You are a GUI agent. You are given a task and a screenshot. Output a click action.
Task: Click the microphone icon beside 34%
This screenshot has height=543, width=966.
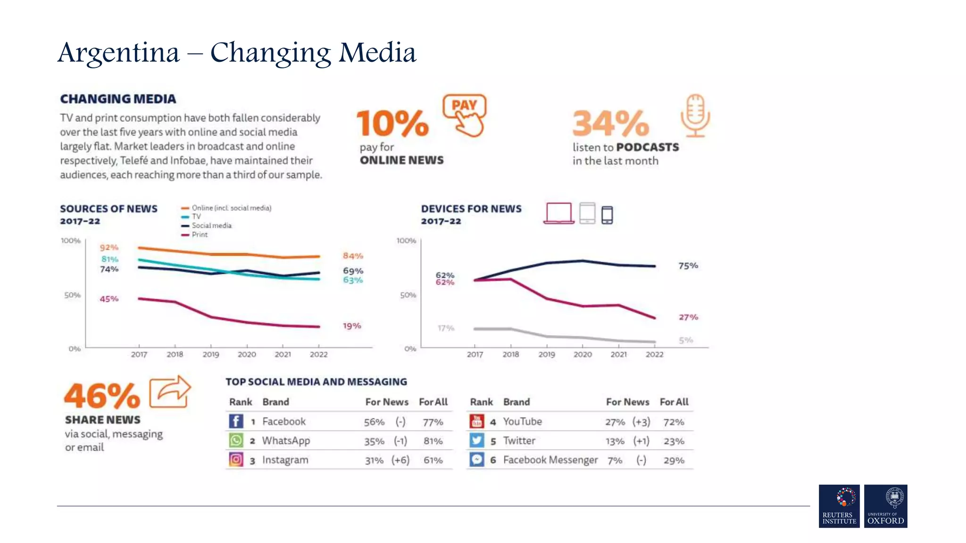[x=695, y=115]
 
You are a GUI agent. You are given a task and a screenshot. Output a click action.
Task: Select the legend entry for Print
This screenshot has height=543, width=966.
[x=199, y=235]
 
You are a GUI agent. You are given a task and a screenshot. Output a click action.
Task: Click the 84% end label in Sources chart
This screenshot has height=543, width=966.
[x=353, y=256]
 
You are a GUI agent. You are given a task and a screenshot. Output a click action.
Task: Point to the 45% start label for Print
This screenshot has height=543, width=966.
[x=109, y=299]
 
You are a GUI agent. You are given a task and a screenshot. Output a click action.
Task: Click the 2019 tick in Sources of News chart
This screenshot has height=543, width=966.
[x=211, y=354]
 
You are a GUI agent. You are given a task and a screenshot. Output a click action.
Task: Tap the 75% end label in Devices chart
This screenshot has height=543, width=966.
[x=688, y=266]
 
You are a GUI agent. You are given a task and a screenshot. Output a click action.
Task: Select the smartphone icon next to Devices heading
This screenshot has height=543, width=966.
[x=607, y=215]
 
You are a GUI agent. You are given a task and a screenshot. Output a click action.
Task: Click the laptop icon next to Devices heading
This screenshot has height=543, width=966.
[x=559, y=213]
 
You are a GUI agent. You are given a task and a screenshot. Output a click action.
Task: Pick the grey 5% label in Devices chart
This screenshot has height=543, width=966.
[x=686, y=340]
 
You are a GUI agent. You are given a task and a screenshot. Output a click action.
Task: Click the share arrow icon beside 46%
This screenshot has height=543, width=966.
[x=170, y=392]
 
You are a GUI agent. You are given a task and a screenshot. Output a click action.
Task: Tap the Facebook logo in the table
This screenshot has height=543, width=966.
[x=236, y=421]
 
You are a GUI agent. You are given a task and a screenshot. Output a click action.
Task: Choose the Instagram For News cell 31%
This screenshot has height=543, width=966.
[x=374, y=461]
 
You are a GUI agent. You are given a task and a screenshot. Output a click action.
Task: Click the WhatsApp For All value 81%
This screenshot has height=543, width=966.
[x=433, y=441]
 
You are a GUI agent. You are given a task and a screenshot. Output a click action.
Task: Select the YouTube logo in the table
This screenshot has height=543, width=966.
[x=477, y=421]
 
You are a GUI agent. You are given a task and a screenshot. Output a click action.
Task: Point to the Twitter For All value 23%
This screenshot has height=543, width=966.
[x=674, y=441]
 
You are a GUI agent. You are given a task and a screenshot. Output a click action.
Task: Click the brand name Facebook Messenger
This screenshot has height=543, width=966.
[x=550, y=460]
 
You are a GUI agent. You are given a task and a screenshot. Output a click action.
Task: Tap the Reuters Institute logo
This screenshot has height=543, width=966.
[x=839, y=506]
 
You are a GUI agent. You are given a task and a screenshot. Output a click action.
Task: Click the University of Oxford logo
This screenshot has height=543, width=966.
[x=885, y=506]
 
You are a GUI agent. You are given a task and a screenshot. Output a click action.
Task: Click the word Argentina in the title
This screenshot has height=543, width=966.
[x=118, y=53]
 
